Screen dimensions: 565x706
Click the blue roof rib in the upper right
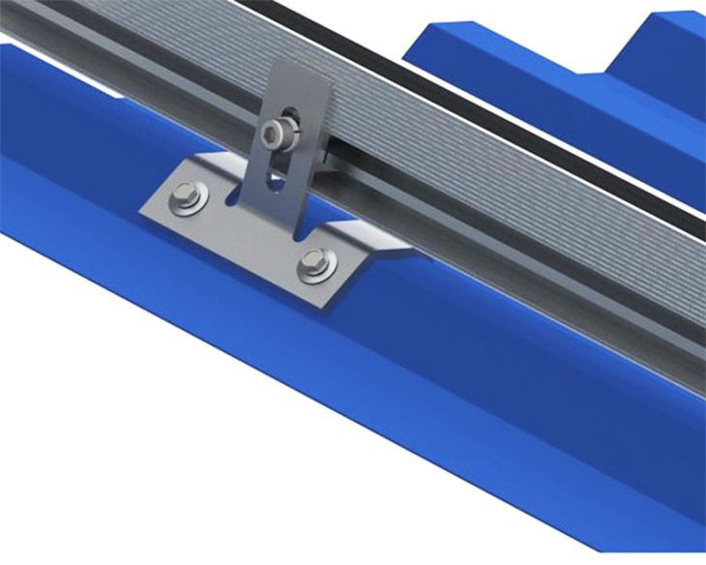[542, 48]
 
